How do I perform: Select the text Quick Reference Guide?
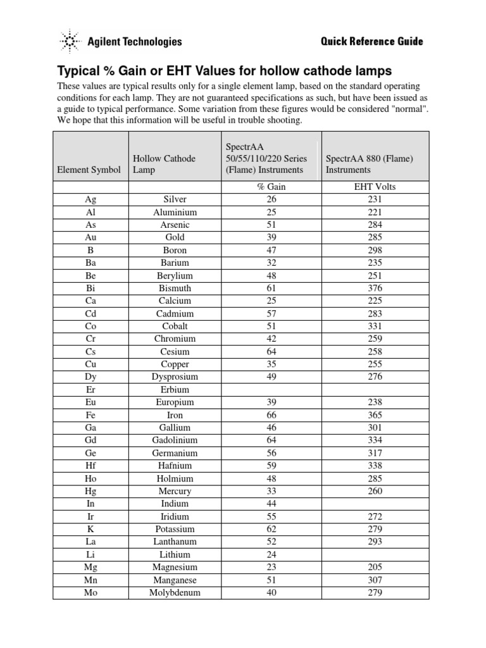click(x=371, y=42)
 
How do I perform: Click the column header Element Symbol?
click(x=89, y=170)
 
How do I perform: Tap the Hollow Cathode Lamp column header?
click(x=164, y=165)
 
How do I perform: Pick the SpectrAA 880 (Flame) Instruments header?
click(x=369, y=165)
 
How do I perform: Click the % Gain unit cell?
click(x=271, y=187)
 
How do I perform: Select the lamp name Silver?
click(x=175, y=199)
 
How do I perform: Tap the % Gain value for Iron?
click(x=271, y=415)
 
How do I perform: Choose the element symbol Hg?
click(x=90, y=491)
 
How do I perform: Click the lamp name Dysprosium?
click(x=175, y=377)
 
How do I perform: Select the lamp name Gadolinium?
click(x=175, y=440)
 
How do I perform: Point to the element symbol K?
click(x=90, y=529)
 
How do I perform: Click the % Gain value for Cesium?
click(x=271, y=351)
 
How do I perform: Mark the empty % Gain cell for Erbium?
click(x=271, y=390)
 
